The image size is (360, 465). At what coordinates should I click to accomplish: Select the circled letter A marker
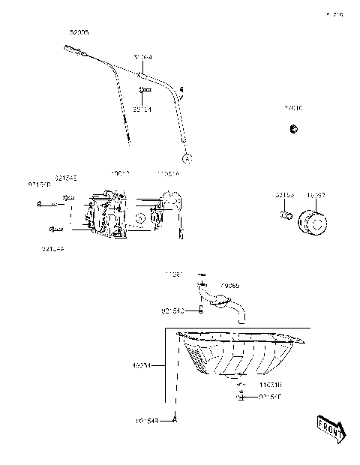point(186,159)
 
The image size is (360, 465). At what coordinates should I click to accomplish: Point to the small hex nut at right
point(291,130)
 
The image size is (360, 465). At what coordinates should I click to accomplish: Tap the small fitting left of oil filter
point(285,217)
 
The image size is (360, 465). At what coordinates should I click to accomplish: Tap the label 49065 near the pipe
point(230,286)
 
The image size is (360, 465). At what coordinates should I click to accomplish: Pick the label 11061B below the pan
point(271,384)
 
